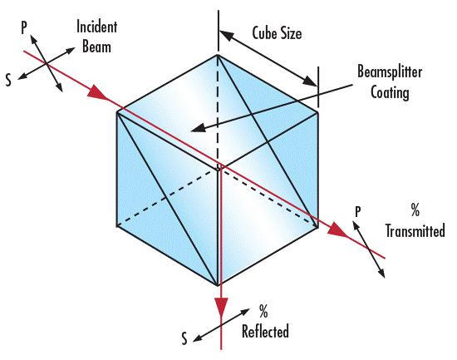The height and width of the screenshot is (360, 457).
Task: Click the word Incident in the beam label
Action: [x=96, y=27]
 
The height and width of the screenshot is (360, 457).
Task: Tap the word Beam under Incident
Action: [x=96, y=47]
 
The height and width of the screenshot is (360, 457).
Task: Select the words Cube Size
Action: [x=277, y=33]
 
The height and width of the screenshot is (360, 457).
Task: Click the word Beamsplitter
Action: [x=390, y=72]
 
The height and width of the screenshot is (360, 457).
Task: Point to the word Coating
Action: [x=390, y=92]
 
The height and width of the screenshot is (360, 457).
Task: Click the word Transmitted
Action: [x=415, y=230]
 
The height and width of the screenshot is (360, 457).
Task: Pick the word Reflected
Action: [x=265, y=331]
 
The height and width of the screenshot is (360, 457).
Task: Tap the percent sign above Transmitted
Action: [x=415, y=210]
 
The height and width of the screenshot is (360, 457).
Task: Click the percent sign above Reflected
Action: [x=263, y=312]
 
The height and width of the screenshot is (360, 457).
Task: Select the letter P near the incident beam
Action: [x=24, y=27]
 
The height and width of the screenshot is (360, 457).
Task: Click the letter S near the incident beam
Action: [x=9, y=80]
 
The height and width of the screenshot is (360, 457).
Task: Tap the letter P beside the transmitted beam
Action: [x=358, y=211]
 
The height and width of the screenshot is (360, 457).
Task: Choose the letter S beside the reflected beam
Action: [x=184, y=338]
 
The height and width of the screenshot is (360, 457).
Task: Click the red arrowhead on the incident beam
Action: [x=98, y=93]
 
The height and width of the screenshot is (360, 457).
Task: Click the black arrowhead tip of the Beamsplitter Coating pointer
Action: [x=190, y=130]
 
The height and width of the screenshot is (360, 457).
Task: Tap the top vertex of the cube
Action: [x=218, y=55]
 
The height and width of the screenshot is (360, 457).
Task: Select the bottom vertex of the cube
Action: [x=218, y=286]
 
